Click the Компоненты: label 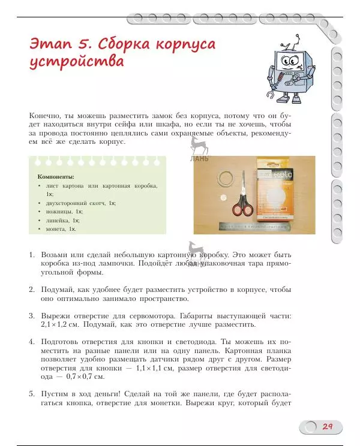[56, 177]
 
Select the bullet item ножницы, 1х [64, 212]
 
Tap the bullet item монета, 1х [61, 228]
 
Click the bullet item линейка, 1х [62, 220]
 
